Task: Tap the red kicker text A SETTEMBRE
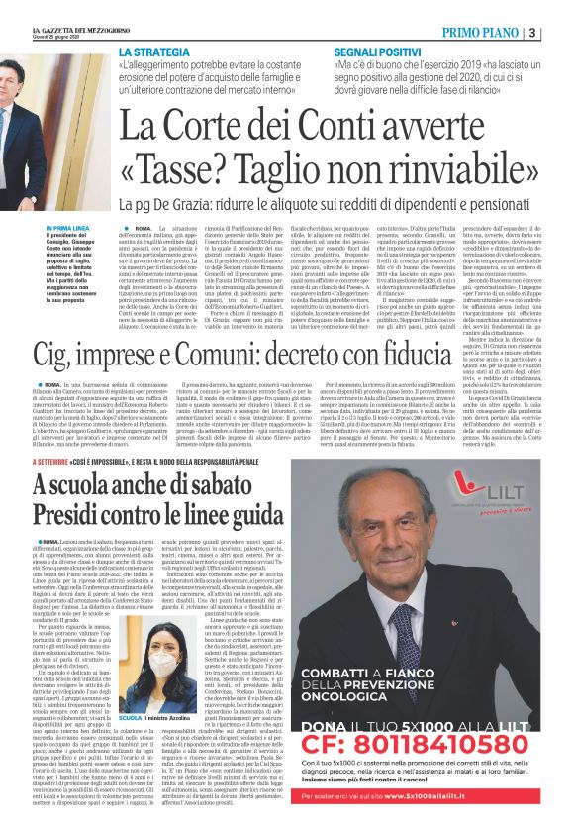pos(57,462)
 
